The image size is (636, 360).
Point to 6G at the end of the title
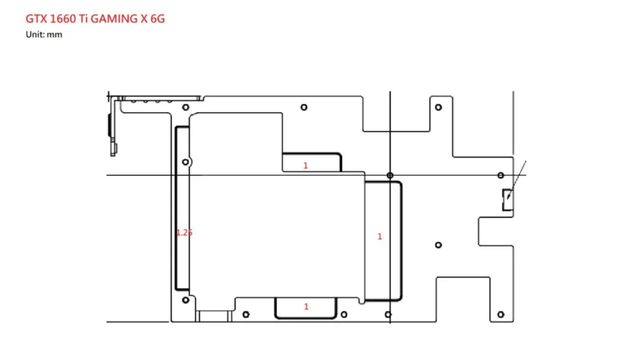tap(158, 19)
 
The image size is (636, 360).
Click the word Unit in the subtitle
tap(34, 35)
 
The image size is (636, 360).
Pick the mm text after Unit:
tap(55, 35)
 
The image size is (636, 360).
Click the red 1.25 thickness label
tap(184, 232)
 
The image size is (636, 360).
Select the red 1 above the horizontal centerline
tap(306, 165)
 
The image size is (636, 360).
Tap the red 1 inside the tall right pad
tap(379, 236)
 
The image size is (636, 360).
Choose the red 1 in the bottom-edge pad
tap(306, 307)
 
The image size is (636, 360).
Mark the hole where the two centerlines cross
tap(390, 175)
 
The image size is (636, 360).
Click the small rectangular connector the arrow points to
tap(507, 199)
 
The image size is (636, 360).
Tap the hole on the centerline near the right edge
tap(501, 175)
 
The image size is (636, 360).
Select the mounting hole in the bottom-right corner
tap(501, 314)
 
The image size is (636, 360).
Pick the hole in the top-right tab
tap(438, 107)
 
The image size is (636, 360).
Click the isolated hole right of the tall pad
tap(438, 245)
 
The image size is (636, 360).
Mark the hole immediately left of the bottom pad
tap(245, 314)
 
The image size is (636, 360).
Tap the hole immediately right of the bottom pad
tap(343, 314)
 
